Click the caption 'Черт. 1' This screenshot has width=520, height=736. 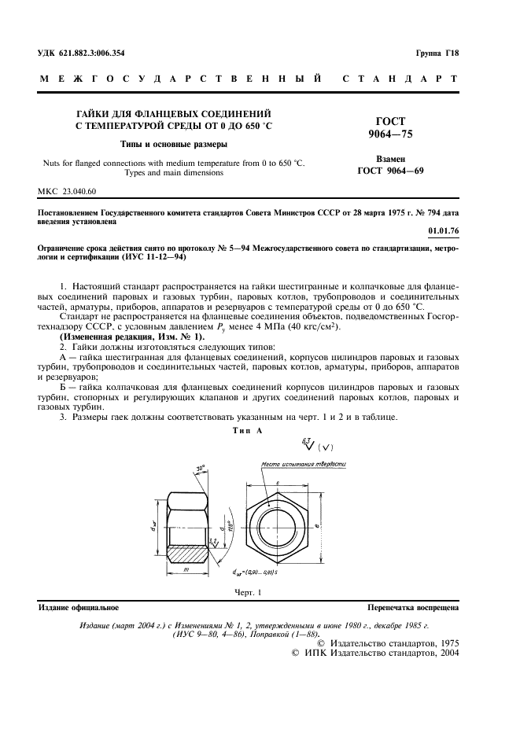[x=247, y=592]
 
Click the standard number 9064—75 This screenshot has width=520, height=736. [x=391, y=134]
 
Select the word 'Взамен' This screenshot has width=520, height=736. [x=391, y=158]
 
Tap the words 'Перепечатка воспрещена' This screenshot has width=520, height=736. [x=413, y=608]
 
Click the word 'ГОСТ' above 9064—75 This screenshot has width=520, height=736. [x=391, y=122]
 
